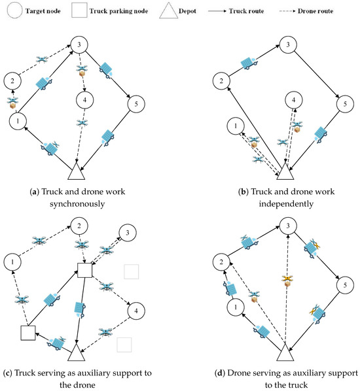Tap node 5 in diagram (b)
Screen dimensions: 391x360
point(341,103)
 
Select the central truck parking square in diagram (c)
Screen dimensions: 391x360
point(82,269)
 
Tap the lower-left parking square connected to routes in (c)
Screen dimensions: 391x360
point(26,332)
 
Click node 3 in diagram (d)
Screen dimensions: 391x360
point(286,226)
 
